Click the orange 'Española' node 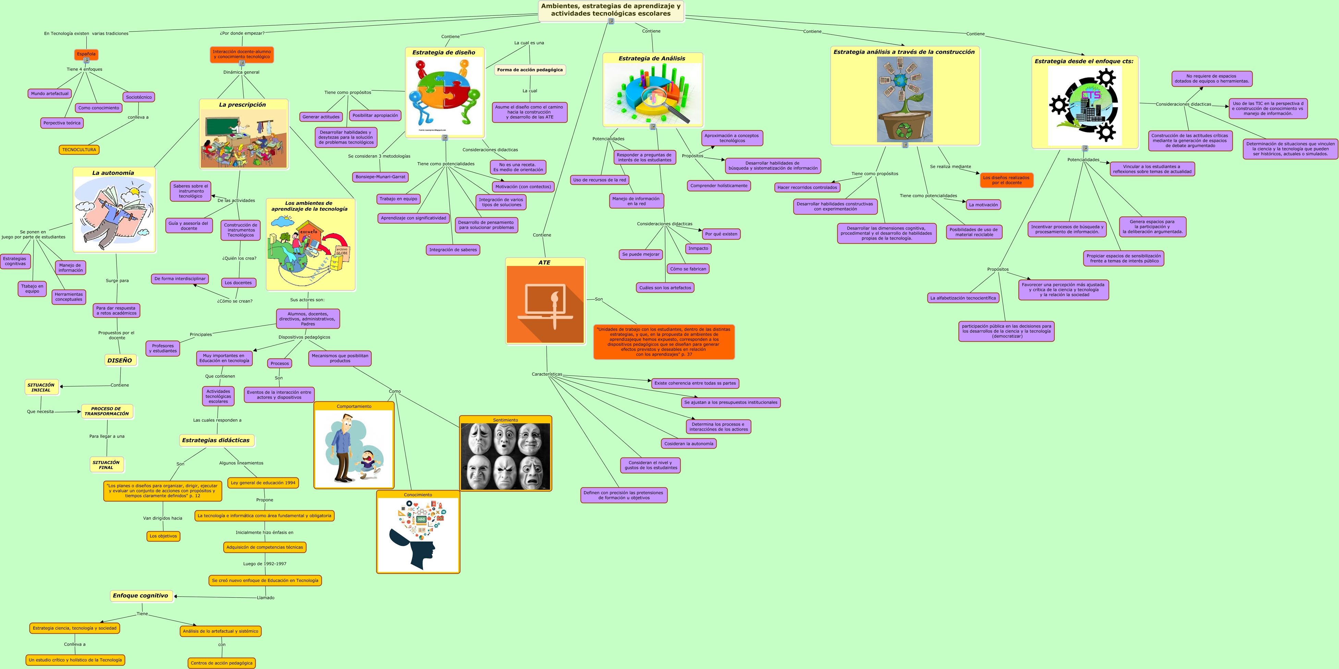tap(86, 54)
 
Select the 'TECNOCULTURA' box tap(79, 150)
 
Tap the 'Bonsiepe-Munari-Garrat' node tap(380, 177)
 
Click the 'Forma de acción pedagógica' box tap(530, 70)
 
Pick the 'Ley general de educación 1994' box tap(263, 483)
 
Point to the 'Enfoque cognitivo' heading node tap(141, 596)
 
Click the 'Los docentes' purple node tap(238, 283)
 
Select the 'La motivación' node tap(984, 205)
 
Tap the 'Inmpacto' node tap(698, 248)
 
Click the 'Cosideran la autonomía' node tap(689, 444)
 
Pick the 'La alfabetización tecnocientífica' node tap(963, 298)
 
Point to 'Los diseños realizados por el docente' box tap(1006, 180)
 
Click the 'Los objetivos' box tap(163, 536)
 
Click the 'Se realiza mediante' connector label tap(950, 167)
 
